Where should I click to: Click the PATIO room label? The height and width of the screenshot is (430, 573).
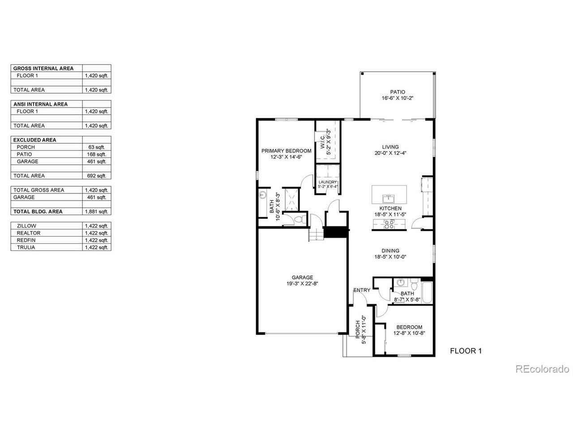tap(398, 92)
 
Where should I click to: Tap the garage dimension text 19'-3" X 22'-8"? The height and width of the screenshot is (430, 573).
tap(302, 283)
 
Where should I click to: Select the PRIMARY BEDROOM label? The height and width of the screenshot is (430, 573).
tap(286, 150)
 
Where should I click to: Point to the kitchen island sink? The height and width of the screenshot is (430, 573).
tap(389, 199)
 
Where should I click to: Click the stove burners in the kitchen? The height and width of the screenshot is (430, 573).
tap(389, 224)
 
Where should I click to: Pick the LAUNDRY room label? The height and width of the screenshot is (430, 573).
tap(328, 182)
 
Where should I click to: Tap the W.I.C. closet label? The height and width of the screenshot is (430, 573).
tap(322, 142)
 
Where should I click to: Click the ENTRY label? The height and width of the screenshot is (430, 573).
tap(362, 290)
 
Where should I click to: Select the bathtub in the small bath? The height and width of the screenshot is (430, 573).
tap(427, 292)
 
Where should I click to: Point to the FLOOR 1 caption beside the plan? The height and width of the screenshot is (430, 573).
tap(466, 351)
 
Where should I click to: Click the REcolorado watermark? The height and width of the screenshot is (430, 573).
tap(542, 369)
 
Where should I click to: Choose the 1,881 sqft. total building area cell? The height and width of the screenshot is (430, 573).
tap(97, 211)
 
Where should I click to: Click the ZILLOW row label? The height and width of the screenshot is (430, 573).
tap(26, 226)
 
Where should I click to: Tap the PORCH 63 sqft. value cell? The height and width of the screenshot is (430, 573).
tap(97, 147)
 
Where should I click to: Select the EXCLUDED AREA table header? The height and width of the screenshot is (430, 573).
tap(35, 140)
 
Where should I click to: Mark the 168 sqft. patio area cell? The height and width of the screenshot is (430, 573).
tap(97, 154)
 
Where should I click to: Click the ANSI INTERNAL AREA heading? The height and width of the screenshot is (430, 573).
tap(40, 104)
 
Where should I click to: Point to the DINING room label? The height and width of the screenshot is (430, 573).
tap(390, 251)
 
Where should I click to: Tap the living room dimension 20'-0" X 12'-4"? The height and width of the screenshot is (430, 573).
tap(390, 153)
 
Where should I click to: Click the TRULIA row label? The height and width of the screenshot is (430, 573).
tap(26, 247)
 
